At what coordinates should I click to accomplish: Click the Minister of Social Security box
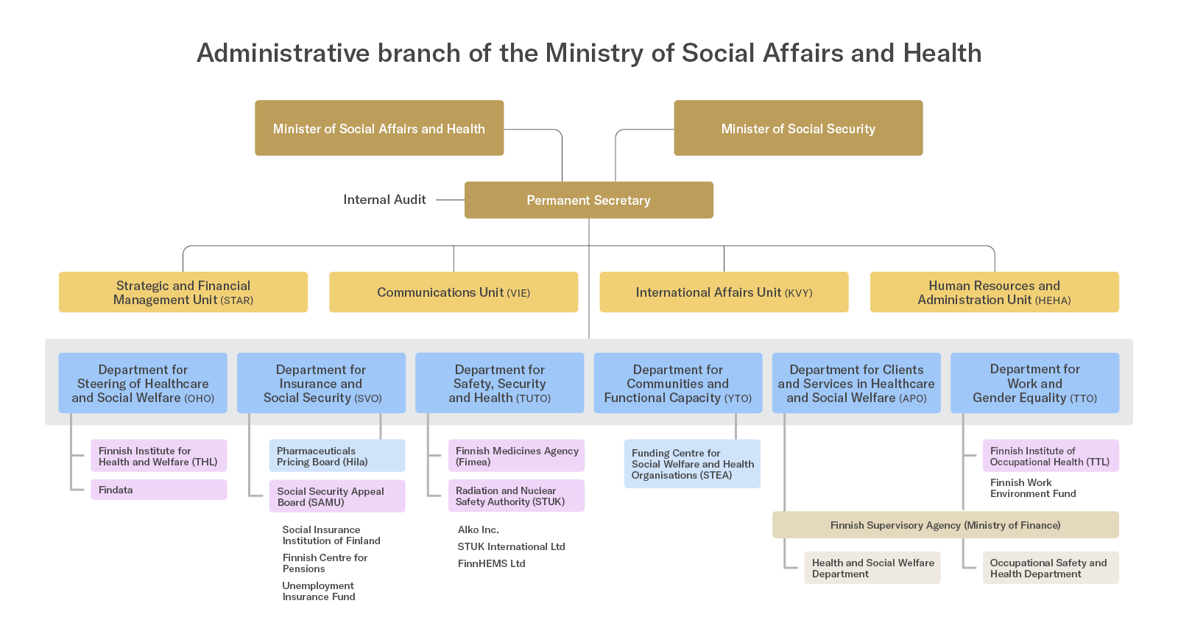point(798,128)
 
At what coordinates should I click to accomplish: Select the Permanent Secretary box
point(588,200)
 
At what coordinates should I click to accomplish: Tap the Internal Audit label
point(384,200)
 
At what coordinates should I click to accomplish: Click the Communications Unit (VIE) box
point(454,292)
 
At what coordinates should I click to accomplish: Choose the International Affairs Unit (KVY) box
point(724,292)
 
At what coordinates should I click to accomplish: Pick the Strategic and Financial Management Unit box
point(183,292)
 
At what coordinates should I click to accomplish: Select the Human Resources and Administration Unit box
point(994,292)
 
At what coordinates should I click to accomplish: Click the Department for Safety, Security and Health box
point(499,383)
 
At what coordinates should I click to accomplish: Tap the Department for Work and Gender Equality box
point(1034,383)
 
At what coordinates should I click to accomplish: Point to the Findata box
point(158,490)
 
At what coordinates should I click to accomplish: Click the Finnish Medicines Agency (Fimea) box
point(516,456)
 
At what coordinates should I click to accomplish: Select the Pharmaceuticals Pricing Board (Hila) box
point(336,456)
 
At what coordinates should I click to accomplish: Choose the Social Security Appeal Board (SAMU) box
point(336,496)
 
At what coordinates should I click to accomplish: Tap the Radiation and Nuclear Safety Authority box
point(516,496)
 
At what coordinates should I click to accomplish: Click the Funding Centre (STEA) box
point(692,464)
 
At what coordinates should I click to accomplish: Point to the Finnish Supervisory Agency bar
point(945,525)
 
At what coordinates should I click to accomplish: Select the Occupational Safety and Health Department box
point(1050,568)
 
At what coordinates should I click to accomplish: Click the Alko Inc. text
point(479,529)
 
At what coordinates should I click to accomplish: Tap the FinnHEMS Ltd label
point(491,563)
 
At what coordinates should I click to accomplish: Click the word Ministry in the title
point(594,53)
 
